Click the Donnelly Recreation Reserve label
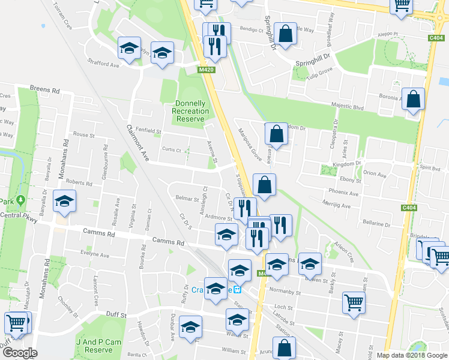click(x=190, y=111)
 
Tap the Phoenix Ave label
click(x=343, y=193)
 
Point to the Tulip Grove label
click(x=321, y=71)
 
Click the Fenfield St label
click(x=149, y=131)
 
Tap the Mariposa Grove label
click(x=249, y=145)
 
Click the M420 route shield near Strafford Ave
click(x=206, y=70)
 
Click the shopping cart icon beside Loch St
click(x=354, y=302)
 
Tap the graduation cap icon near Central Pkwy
click(x=65, y=202)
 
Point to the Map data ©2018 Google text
click(x=412, y=355)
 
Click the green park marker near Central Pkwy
click(x=20, y=200)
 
